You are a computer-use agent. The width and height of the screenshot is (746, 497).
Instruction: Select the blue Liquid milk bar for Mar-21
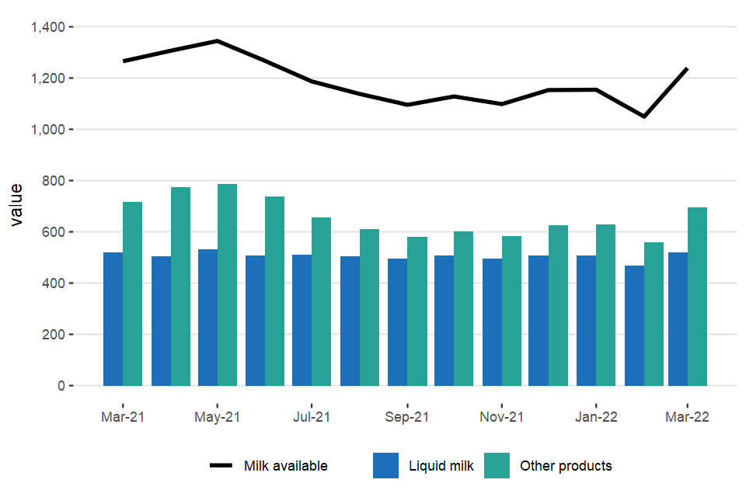point(113,319)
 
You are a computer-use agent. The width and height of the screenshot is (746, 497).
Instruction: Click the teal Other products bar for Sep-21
point(417,311)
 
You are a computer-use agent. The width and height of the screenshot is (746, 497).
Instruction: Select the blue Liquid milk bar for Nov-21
point(492,322)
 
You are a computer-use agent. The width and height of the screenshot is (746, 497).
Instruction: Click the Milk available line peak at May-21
point(218,41)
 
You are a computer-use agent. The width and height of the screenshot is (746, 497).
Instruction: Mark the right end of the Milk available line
point(688,68)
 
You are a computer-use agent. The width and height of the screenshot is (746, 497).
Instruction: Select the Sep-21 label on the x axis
point(406,417)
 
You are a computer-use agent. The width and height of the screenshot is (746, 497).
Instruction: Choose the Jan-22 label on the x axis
point(596,417)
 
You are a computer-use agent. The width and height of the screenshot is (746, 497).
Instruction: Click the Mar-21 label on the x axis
point(123,417)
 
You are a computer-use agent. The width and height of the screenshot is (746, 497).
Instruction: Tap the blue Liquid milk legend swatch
point(385,466)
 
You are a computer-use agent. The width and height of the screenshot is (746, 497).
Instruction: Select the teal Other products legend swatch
point(497,466)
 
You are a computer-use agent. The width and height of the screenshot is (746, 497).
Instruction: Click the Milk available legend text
point(285,466)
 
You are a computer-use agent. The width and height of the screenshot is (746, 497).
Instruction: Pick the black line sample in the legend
point(221,466)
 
